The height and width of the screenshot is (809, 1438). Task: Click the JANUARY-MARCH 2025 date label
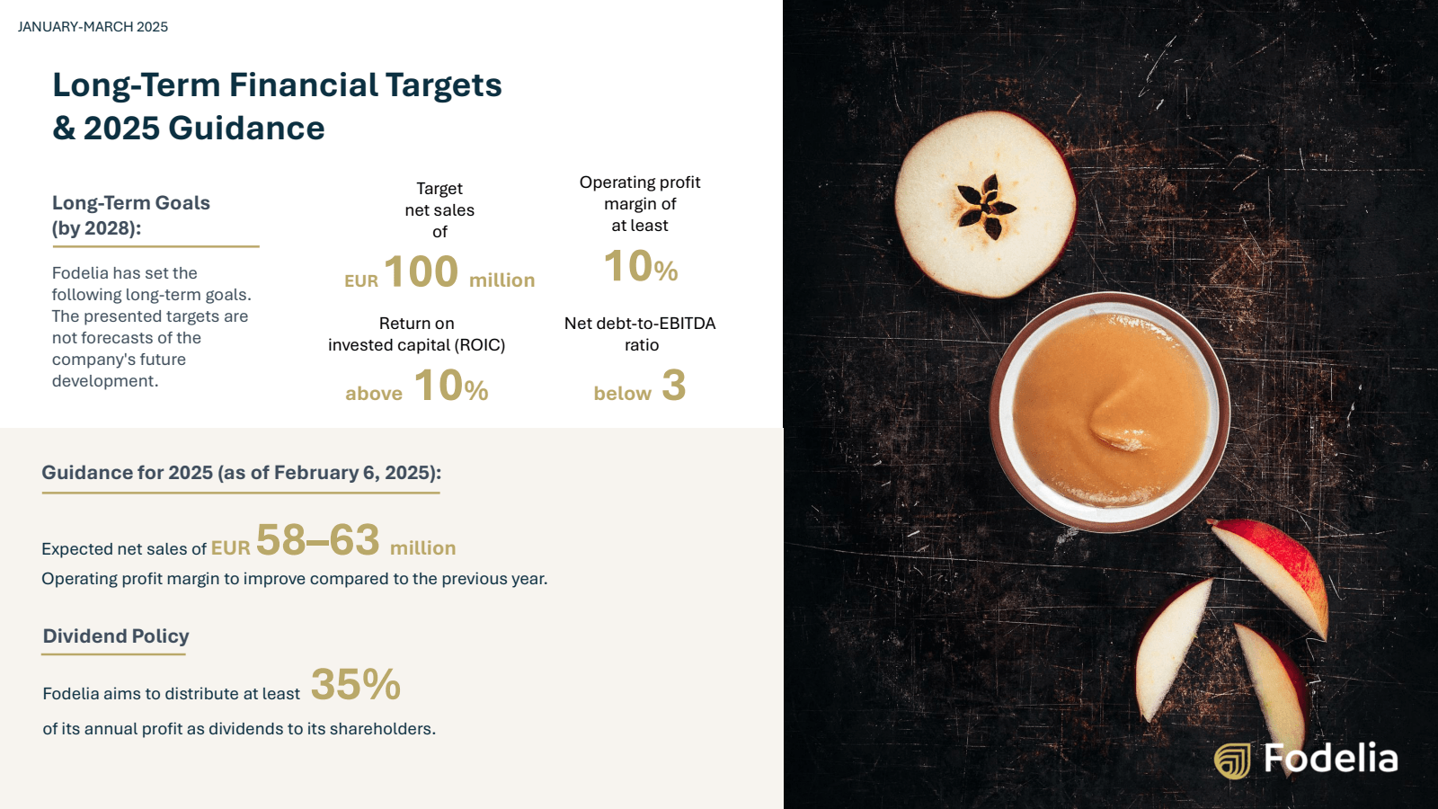click(x=93, y=27)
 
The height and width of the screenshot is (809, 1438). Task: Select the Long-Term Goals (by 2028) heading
click(x=131, y=215)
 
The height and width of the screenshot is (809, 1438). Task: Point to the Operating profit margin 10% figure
click(x=641, y=266)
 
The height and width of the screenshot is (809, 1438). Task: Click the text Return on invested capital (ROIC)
click(x=417, y=333)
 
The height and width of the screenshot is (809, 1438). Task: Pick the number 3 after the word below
click(x=674, y=386)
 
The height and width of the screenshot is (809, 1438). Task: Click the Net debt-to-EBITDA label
click(x=640, y=323)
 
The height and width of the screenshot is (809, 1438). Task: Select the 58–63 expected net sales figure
click(x=318, y=539)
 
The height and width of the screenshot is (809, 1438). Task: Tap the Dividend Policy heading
click(x=116, y=636)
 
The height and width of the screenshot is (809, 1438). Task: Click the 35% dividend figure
click(x=356, y=684)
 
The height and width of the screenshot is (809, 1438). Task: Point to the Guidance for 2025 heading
click(x=242, y=473)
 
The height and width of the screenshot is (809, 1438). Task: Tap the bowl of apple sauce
click(x=1109, y=413)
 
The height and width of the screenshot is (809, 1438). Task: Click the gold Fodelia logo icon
click(x=1232, y=760)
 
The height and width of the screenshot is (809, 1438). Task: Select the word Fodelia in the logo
click(x=1331, y=759)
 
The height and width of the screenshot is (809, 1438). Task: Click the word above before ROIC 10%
click(x=374, y=393)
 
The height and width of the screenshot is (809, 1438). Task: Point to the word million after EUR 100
click(x=502, y=280)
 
